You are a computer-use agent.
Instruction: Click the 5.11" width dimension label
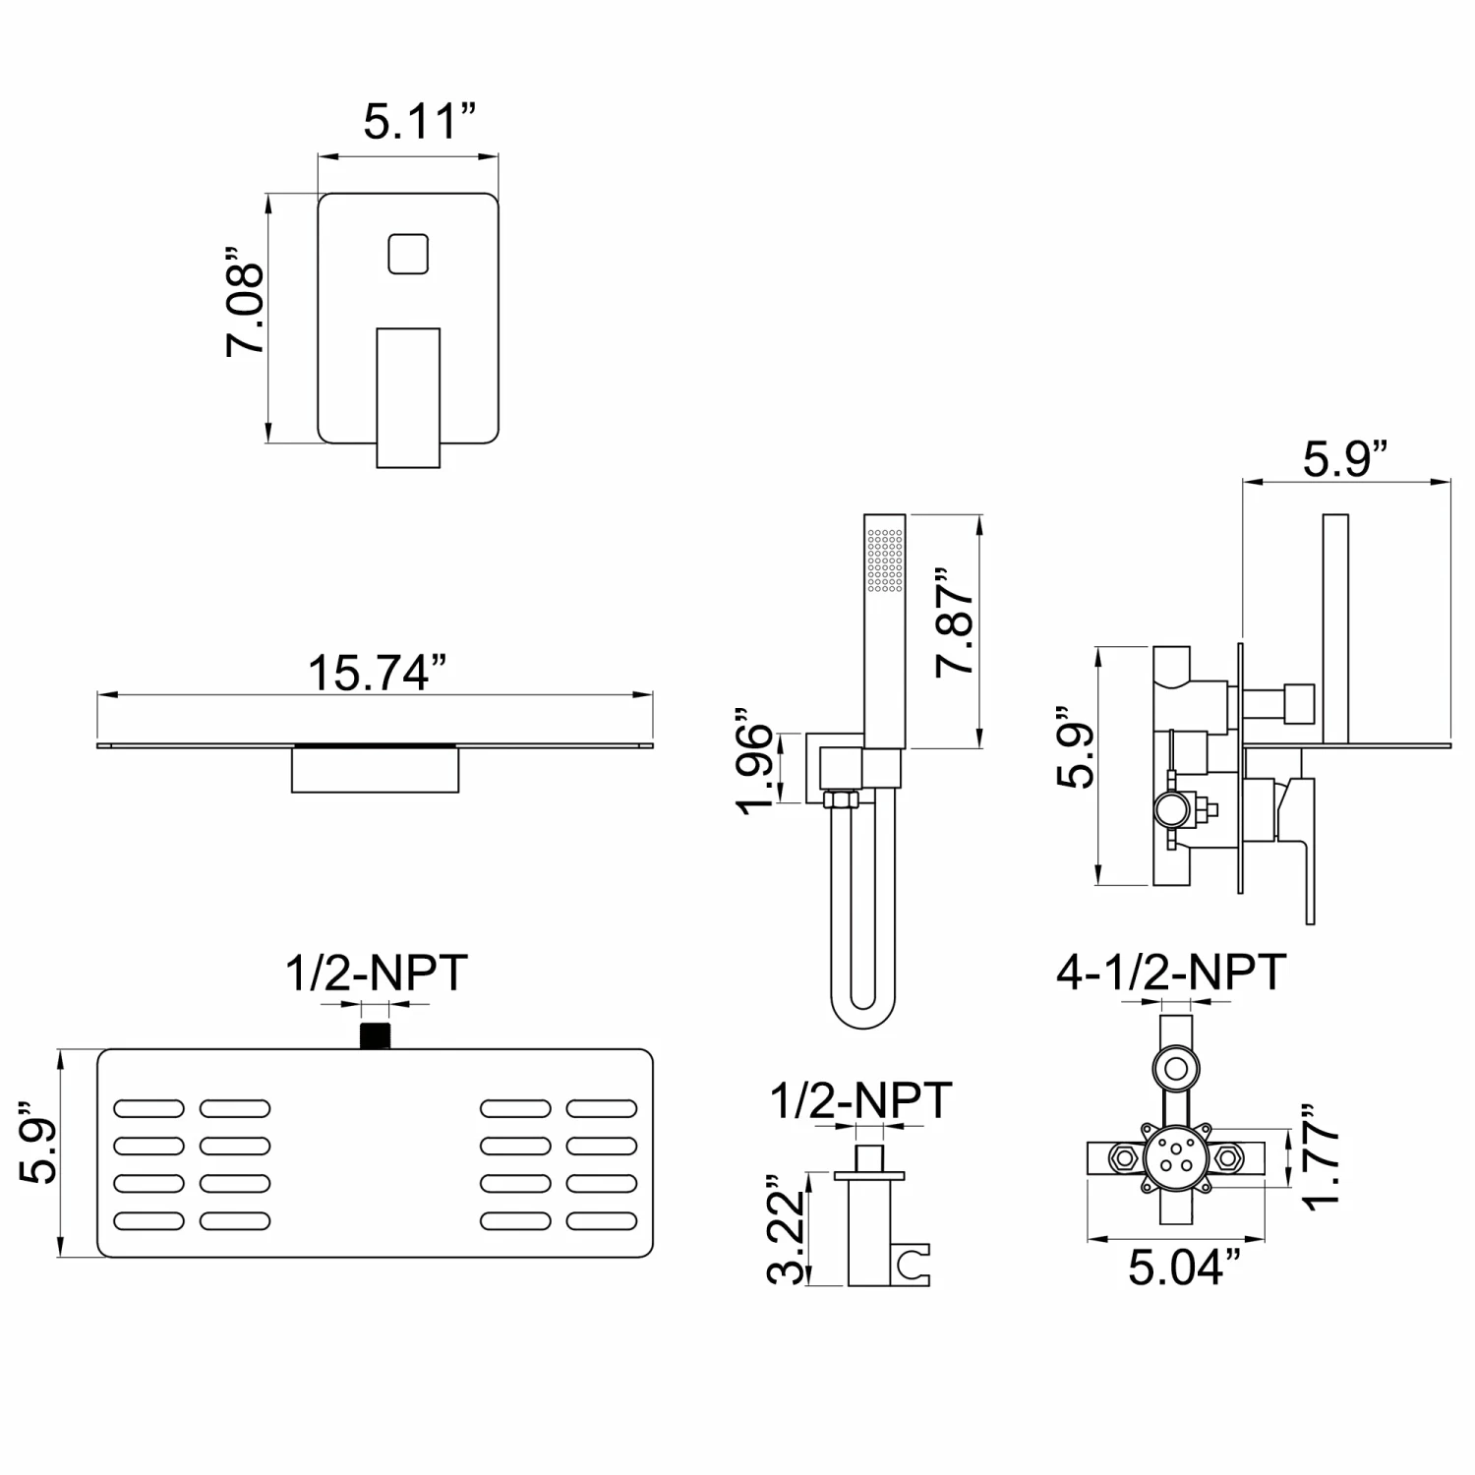click(x=419, y=122)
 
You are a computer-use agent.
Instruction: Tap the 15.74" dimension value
click(x=377, y=673)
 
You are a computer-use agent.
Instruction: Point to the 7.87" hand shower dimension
click(x=955, y=620)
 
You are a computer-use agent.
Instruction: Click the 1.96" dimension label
click(x=755, y=761)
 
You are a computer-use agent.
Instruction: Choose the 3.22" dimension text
click(x=787, y=1229)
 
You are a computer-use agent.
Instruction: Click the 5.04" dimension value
click(x=1177, y=1268)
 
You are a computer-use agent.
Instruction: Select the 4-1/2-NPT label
click(x=1171, y=972)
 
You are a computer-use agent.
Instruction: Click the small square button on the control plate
click(x=408, y=254)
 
